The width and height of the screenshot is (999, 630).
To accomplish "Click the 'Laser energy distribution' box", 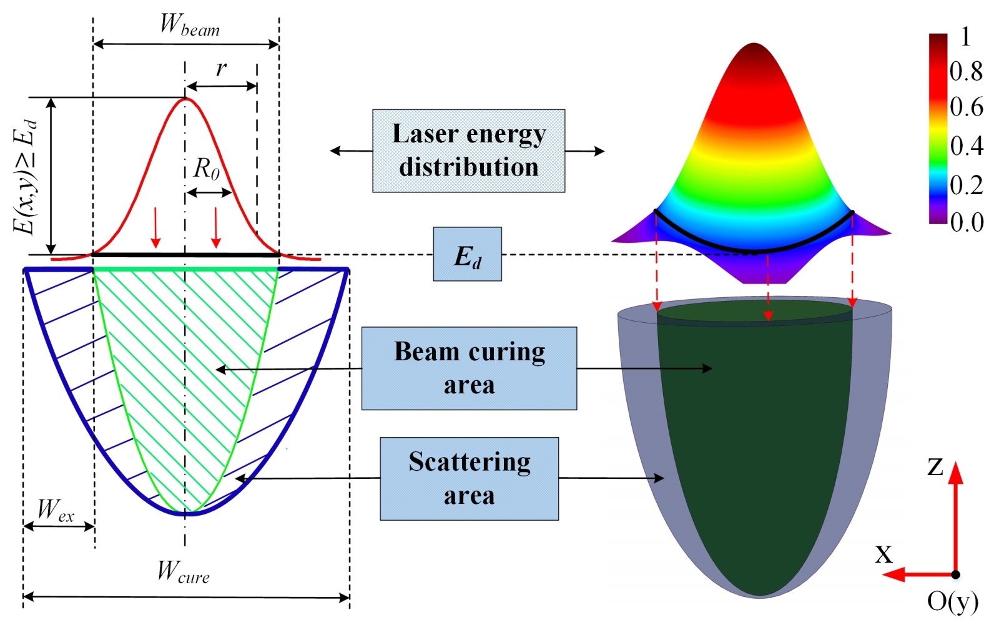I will [468, 150].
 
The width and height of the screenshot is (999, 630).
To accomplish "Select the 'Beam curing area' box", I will [469, 368].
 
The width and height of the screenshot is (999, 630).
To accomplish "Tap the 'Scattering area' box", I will [469, 478].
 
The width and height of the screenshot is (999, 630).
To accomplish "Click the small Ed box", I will [467, 254].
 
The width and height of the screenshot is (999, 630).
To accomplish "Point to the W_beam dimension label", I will [189, 25].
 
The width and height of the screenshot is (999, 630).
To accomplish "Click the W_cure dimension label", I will [182, 572].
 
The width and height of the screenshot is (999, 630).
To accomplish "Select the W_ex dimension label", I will [55, 511].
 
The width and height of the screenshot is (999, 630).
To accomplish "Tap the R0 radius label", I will [206, 169].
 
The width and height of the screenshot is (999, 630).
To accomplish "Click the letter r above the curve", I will [221, 68].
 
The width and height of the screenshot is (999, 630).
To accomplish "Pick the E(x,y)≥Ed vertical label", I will [26, 176].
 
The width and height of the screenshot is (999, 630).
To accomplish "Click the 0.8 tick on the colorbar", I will [966, 71].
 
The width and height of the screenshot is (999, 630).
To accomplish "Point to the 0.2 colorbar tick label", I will [966, 185].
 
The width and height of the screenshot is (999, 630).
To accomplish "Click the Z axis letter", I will [935, 466].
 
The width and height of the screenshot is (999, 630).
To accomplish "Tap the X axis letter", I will [883, 554].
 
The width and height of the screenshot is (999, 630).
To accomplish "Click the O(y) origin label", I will [952, 601].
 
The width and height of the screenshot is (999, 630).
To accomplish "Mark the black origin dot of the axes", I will [955, 574].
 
